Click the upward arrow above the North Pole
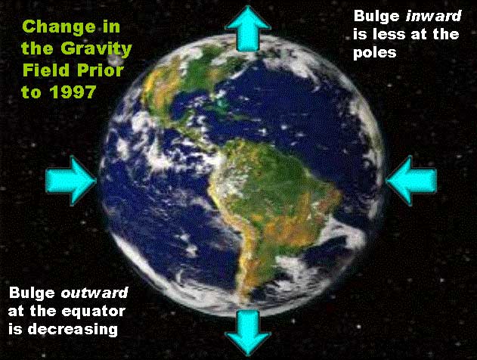248,29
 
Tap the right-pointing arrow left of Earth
71,180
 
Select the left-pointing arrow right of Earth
411,180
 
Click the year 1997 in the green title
73,92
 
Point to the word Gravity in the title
96,48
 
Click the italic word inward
433,16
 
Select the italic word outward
94,293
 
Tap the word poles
374,53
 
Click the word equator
93,312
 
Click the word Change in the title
59,27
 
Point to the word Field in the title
45,70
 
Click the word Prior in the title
100,70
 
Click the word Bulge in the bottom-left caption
32,293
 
